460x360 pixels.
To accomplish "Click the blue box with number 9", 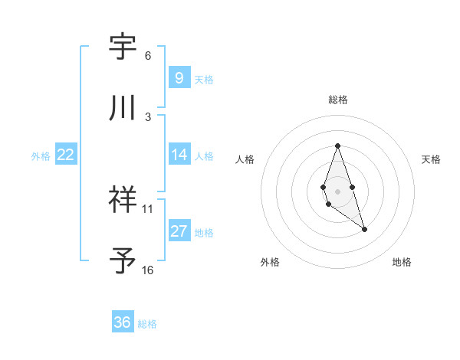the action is pyautogui.click(x=179, y=77).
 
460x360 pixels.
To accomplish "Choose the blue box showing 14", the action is pyautogui.click(x=179, y=155).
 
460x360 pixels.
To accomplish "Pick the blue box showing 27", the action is pyautogui.click(x=179, y=231).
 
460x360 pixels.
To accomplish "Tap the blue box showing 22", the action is pyautogui.click(x=66, y=155).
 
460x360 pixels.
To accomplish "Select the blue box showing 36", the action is pyautogui.click(x=122, y=322).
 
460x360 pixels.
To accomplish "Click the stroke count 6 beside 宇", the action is pyautogui.click(x=148, y=56).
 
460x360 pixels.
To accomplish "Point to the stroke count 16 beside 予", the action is pyautogui.click(x=147, y=270).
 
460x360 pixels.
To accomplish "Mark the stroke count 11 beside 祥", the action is pyautogui.click(x=148, y=208).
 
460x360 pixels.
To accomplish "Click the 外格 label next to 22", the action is pyautogui.click(x=41, y=155).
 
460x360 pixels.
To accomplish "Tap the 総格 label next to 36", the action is pyautogui.click(x=147, y=323).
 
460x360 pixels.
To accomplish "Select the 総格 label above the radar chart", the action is pyautogui.click(x=337, y=100).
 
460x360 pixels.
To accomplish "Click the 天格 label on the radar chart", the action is pyautogui.click(x=431, y=159).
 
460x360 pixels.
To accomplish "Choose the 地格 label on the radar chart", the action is pyautogui.click(x=402, y=262).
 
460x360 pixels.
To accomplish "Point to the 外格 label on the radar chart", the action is pyautogui.click(x=270, y=262).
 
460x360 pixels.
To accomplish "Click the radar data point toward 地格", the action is pyautogui.click(x=364, y=229).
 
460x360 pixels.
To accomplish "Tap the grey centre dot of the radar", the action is pyautogui.click(x=337, y=190).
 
